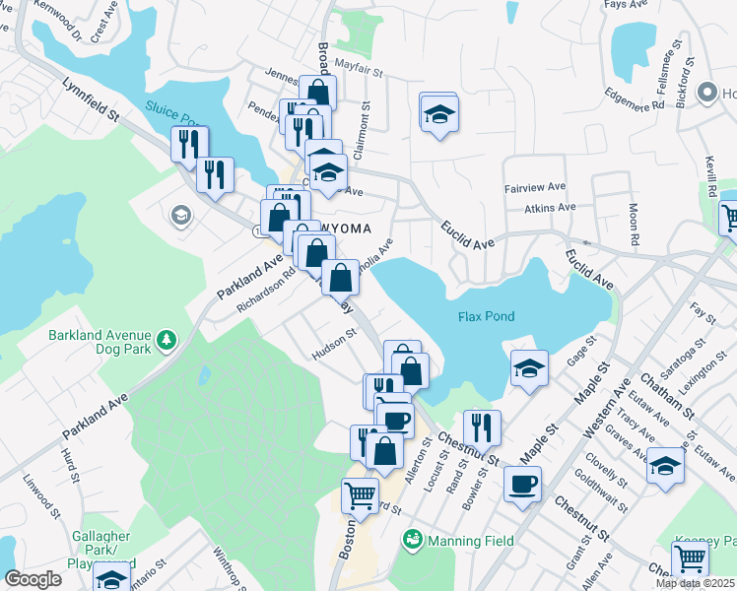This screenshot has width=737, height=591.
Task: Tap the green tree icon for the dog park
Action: pyautogui.click(x=168, y=341)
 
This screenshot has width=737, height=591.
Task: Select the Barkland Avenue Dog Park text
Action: pyautogui.click(x=101, y=342)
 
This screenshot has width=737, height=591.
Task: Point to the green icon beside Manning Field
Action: pyautogui.click(x=413, y=540)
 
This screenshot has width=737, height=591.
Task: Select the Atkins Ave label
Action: pyautogui.click(x=550, y=208)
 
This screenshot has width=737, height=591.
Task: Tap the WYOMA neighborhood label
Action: pyautogui.click(x=342, y=229)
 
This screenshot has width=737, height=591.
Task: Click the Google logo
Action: pyautogui.click(x=33, y=579)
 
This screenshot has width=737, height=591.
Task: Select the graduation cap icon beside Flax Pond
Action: pyautogui.click(x=529, y=369)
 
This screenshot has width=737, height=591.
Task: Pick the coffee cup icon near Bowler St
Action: pyautogui.click(x=522, y=485)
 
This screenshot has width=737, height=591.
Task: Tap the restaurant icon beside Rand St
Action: pyautogui.click(x=482, y=427)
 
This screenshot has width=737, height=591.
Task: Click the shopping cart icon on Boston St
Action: pyautogui.click(x=361, y=495)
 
